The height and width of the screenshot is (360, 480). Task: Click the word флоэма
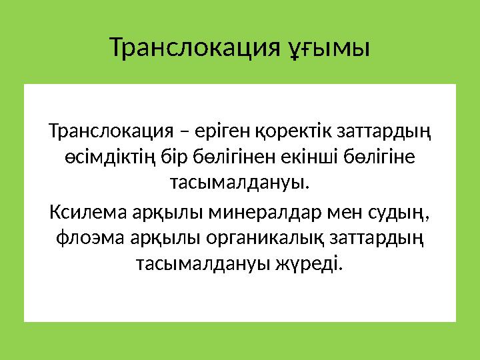click(84, 239)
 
